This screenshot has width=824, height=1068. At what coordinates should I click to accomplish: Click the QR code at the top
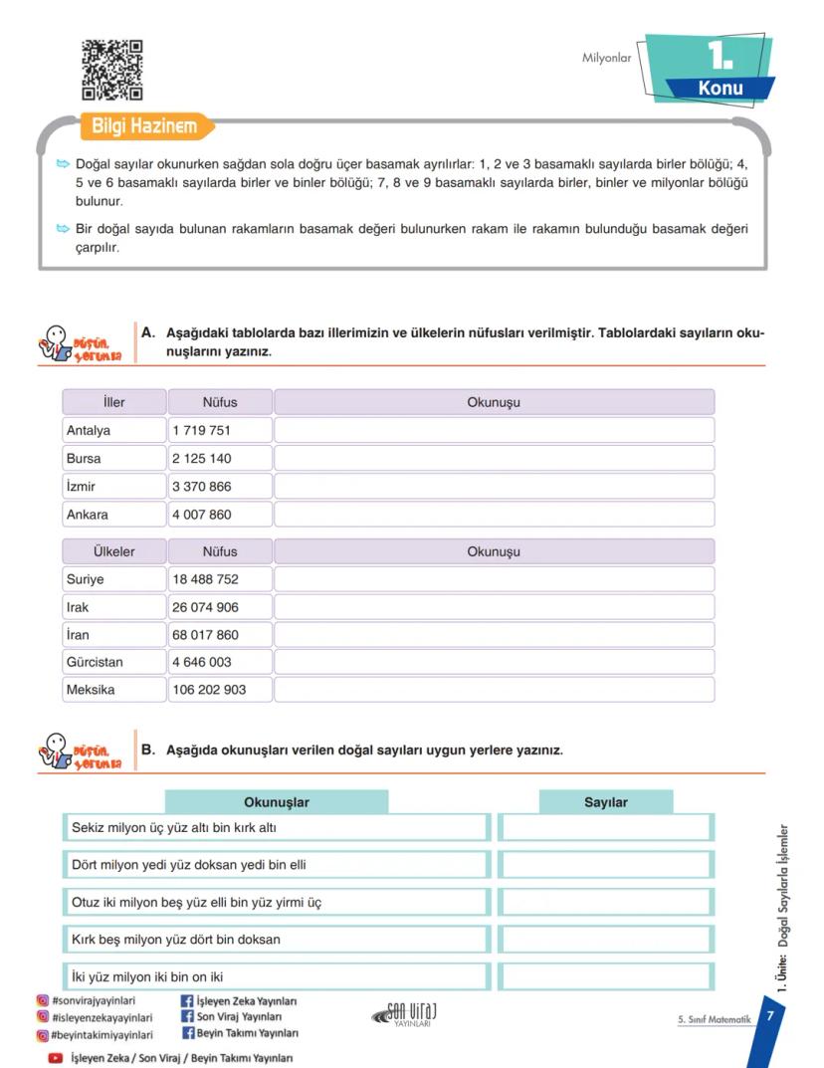(111, 70)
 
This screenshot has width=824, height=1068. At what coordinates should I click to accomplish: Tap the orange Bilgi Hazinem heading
(144, 126)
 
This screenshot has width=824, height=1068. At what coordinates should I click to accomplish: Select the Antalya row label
(89, 431)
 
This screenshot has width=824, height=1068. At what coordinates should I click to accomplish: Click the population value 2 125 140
(202, 459)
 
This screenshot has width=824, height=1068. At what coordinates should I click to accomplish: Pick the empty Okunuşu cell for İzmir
(494, 487)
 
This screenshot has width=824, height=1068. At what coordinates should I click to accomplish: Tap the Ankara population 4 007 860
(202, 515)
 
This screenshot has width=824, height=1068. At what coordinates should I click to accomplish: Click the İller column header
(113, 402)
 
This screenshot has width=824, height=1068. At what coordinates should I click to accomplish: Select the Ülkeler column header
(113, 551)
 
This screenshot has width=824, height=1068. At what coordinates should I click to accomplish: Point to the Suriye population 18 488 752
(206, 579)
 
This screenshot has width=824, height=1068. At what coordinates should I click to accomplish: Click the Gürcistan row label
(95, 662)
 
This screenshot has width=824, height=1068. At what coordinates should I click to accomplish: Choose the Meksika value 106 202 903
(209, 690)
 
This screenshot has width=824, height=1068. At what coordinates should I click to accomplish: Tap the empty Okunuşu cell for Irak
(494, 607)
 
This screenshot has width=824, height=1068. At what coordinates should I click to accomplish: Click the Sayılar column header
(605, 802)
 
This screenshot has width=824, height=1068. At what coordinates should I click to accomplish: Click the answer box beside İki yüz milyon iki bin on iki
(605, 976)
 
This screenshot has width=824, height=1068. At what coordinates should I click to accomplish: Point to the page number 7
(768, 1015)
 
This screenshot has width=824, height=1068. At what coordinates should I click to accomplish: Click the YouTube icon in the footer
(56, 1058)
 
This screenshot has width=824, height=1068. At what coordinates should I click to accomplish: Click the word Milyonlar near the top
(606, 58)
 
